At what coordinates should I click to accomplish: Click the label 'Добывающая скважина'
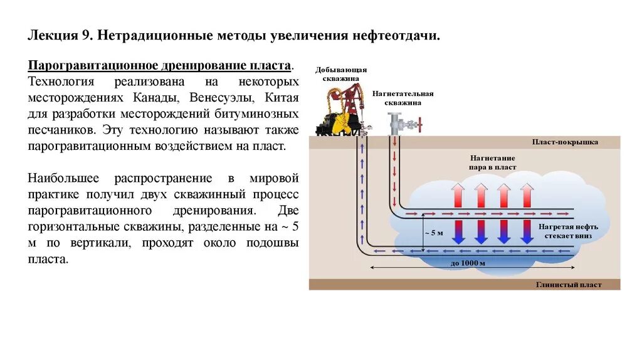340,74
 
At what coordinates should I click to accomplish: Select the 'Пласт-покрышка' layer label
565,142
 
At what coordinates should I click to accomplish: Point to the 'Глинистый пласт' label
569,285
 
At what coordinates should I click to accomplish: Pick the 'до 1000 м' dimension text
468,263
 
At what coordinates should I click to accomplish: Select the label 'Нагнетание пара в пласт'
492,163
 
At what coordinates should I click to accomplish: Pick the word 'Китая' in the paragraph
282,98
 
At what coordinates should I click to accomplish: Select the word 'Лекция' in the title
51,36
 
